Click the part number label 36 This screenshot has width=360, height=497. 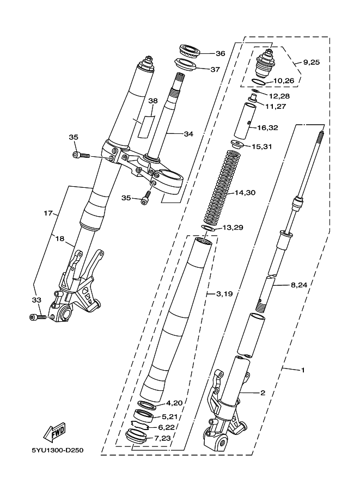(220, 53)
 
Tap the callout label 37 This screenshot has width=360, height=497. (215, 69)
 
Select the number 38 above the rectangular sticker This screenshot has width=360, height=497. (152, 101)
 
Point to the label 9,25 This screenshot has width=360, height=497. (311, 63)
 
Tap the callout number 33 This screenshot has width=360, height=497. (36, 299)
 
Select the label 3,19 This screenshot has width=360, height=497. (224, 294)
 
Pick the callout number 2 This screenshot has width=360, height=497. (262, 392)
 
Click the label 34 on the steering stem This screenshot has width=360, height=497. (188, 134)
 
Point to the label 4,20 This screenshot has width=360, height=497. (174, 403)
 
